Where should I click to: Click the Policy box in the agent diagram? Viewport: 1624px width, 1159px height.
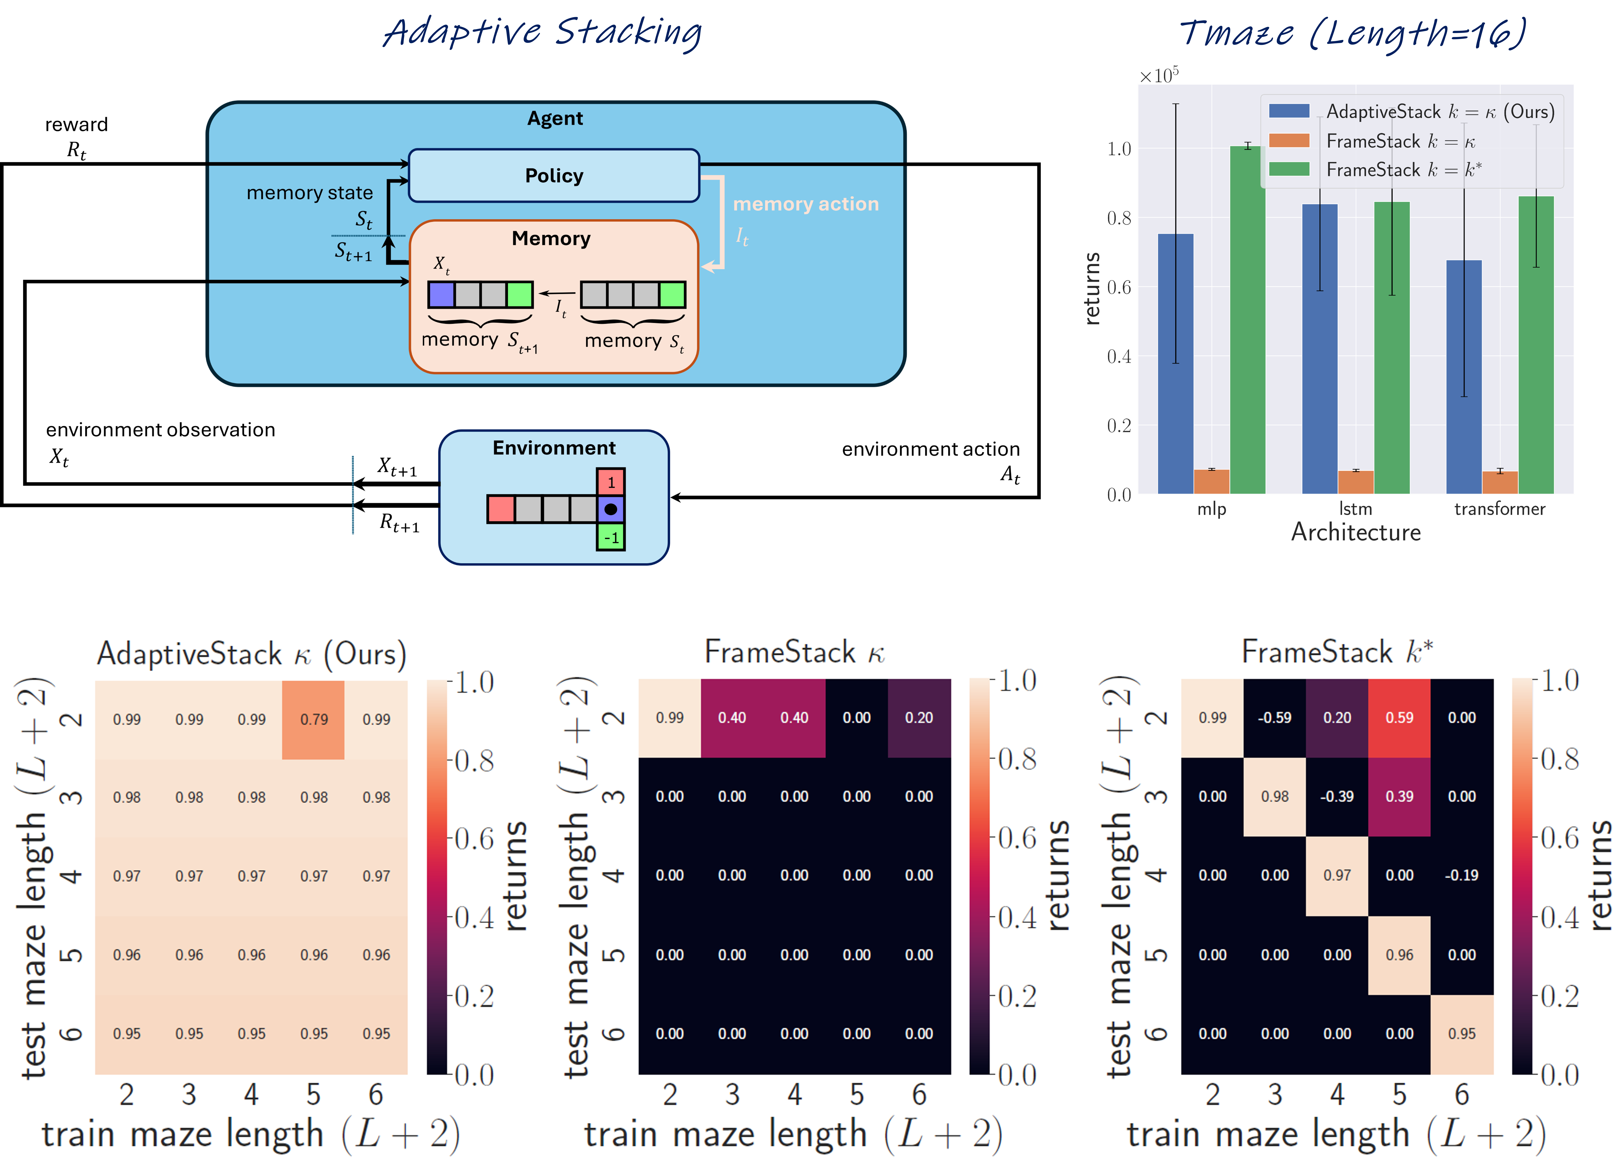[554, 176]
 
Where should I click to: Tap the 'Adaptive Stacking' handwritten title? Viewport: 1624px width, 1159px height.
[542, 33]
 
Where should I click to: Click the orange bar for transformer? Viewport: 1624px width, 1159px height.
[1500, 482]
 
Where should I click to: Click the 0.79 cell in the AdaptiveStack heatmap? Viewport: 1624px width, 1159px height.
[313, 719]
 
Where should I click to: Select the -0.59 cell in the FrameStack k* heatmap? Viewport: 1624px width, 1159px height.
[1275, 718]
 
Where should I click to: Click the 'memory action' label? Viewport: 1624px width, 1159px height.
[806, 204]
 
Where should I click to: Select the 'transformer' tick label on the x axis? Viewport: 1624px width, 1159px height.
[1500, 509]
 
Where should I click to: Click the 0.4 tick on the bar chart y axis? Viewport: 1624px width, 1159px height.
[1119, 356]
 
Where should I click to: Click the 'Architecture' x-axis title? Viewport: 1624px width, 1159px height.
[1356, 532]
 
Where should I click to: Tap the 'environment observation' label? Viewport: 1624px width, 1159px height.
[161, 430]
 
